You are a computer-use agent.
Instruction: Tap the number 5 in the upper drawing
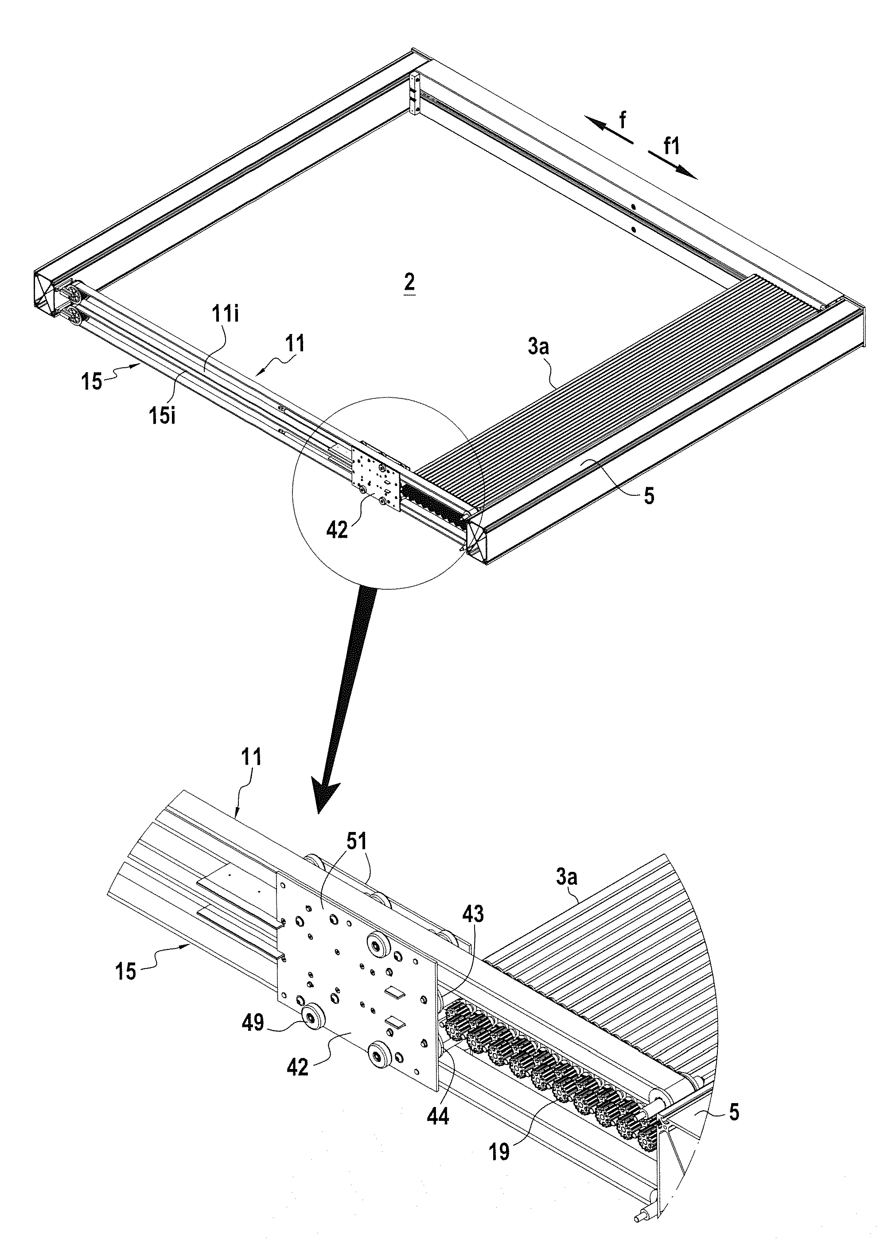coord(649,496)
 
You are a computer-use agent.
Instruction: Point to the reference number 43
coord(472,913)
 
